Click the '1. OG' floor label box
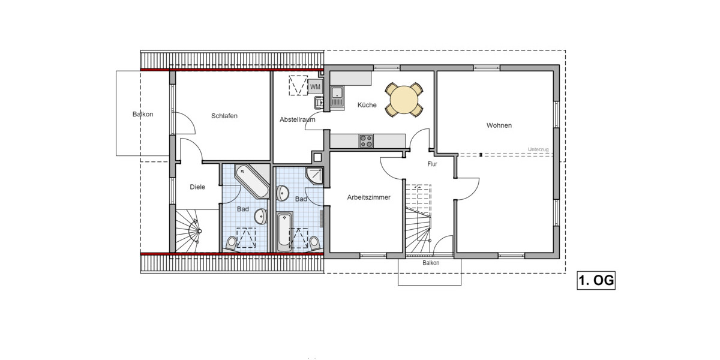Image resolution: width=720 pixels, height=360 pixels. pyautogui.click(x=596, y=281)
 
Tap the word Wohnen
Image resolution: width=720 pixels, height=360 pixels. pyautogui.click(x=499, y=125)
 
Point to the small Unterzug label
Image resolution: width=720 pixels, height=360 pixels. pyautogui.click(x=538, y=149)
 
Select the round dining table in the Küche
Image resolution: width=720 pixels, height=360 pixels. pyautogui.click(x=403, y=99)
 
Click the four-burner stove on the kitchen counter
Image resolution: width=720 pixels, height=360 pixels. pyautogui.click(x=366, y=141)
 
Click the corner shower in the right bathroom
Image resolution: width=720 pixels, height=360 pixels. pyautogui.click(x=315, y=175)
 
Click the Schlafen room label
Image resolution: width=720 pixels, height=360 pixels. pyautogui.click(x=224, y=116)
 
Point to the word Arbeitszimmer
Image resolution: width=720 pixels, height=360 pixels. pyautogui.click(x=369, y=197)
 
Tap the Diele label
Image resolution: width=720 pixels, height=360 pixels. pyautogui.click(x=197, y=187)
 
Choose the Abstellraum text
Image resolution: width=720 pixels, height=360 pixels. pyautogui.click(x=297, y=120)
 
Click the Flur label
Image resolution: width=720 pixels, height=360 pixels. pyautogui.click(x=432, y=164)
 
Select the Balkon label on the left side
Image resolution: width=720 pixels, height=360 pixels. pyautogui.click(x=143, y=114)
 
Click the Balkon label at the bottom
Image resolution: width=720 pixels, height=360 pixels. pyautogui.click(x=430, y=263)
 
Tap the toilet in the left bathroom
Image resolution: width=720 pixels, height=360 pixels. pyautogui.click(x=232, y=242)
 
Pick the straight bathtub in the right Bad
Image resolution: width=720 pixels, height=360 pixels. pyautogui.click(x=285, y=231)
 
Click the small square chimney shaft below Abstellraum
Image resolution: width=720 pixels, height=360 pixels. pyautogui.click(x=317, y=157)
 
